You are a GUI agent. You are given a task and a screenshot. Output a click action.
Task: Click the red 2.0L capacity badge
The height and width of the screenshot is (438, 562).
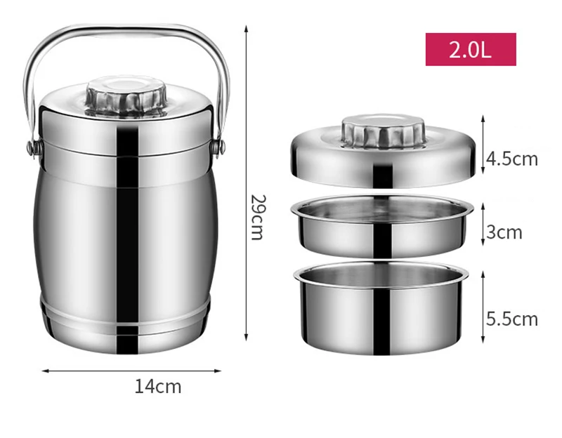click(471, 49)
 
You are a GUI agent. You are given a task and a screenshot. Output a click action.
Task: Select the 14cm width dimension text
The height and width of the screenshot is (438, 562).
click(158, 386)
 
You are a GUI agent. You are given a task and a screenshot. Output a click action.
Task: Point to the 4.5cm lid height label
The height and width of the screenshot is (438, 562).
click(512, 159)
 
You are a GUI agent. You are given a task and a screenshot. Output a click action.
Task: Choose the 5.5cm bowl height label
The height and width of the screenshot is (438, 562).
click(512, 319)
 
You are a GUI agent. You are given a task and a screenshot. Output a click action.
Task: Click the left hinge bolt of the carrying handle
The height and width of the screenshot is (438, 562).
click(32, 148)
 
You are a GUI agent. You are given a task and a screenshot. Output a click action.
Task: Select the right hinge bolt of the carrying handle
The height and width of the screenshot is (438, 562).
click(220, 147)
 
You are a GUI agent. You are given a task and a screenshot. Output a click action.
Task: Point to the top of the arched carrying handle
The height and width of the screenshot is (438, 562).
click(126, 29)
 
